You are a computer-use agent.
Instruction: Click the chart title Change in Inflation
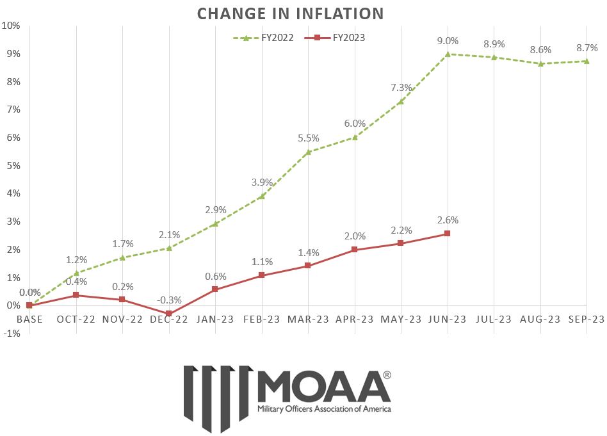click(290, 13)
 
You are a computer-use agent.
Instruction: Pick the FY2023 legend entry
click(339, 38)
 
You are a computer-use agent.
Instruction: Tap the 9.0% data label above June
click(448, 41)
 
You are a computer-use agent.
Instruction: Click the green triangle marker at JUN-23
click(448, 54)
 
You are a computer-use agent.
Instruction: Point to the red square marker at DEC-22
click(169, 314)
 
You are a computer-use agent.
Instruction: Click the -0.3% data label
click(169, 300)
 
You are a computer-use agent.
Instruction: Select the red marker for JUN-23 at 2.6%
click(448, 234)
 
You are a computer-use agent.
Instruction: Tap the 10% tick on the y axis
click(12, 26)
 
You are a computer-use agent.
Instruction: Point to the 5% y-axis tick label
click(13, 166)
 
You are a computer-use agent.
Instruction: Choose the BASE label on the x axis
click(29, 319)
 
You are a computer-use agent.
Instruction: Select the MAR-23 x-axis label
click(308, 319)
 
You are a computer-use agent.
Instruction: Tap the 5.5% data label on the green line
click(308, 138)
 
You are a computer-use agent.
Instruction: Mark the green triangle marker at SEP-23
click(587, 61)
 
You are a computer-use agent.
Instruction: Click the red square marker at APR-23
click(355, 250)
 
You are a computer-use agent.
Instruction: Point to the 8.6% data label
click(541, 49)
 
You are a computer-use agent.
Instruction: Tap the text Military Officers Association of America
click(323, 408)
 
